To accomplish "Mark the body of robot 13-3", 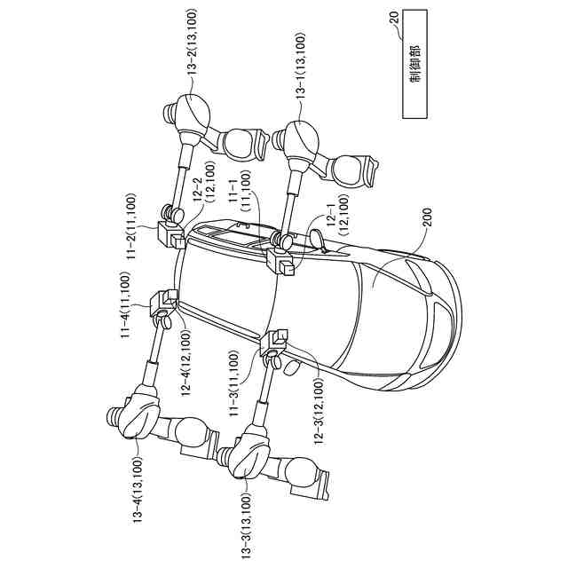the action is point(251,454).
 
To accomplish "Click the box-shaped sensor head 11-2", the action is point(170,234).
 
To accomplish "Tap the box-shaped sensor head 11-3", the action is point(276,342).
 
